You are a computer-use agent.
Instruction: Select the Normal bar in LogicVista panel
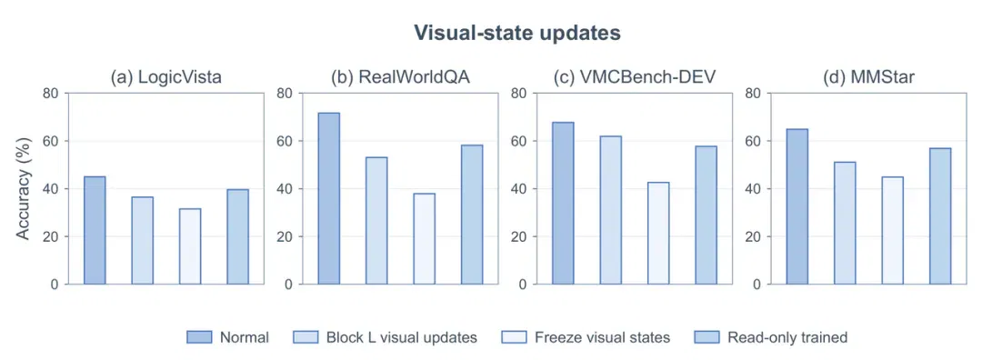pos(95,230)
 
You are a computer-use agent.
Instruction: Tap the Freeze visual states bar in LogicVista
pos(190,246)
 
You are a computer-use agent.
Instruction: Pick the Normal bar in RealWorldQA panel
pos(329,198)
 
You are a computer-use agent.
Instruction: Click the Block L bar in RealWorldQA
pos(376,220)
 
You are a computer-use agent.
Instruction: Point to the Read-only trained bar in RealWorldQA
pos(472,215)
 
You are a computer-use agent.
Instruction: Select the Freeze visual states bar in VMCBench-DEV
pos(658,234)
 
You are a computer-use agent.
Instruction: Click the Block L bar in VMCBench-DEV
pos(611,210)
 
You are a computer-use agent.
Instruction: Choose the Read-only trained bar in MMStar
pos(940,216)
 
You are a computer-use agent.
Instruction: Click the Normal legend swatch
pos(200,337)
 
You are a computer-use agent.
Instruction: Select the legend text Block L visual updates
pos(402,337)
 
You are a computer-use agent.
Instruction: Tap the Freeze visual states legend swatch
pos(515,337)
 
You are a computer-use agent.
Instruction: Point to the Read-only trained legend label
pos(787,337)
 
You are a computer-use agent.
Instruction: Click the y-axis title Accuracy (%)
pos(23,188)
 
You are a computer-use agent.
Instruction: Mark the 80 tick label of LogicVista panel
pos(51,94)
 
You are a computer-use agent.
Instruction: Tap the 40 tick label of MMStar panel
pos(754,188)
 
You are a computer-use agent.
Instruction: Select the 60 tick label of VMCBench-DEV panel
pos(520,141)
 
